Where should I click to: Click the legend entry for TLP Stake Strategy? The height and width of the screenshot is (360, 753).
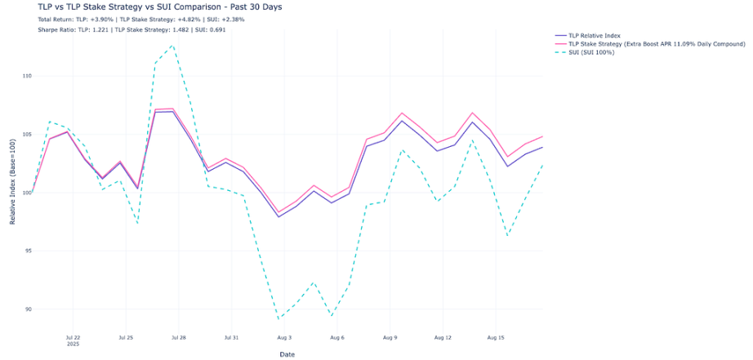click(645, 44)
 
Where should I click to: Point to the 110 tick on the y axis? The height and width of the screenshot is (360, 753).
click(26, 76)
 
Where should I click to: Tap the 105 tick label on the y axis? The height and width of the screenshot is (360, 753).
click(26, 135)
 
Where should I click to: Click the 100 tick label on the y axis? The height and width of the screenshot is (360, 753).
click(26, 193)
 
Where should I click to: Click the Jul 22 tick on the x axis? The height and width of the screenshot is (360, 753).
click(73, 336)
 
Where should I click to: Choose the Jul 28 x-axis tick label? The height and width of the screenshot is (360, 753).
click(178, 336)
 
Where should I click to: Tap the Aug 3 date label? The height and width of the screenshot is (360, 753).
click(284, 336)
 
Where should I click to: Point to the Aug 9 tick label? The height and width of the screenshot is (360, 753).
click(390, 336)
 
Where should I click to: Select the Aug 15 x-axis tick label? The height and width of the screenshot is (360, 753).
click(495, 336)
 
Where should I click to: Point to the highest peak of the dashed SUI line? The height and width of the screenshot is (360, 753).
click(172, 46)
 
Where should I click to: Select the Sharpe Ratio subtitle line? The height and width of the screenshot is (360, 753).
click(131, 29)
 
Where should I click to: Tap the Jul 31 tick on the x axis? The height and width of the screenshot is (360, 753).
click(231, 336)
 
